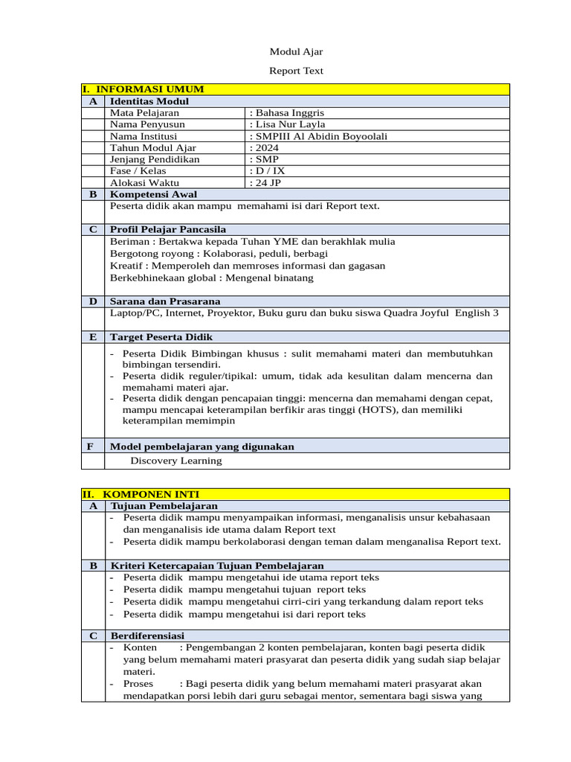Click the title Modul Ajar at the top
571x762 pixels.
point(296,51)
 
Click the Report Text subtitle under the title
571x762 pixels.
point(296,71)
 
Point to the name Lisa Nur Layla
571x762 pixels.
point(288,124)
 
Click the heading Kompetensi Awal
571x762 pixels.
point(153,194)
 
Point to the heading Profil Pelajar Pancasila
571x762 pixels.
point(168,229)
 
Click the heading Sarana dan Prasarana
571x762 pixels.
point(165,301)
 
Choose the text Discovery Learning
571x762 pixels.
point(176,461)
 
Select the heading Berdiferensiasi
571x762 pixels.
point(147,635)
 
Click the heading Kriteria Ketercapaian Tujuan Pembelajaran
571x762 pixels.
point(216,566)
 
